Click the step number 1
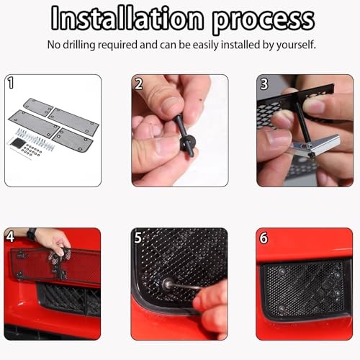(11, 83)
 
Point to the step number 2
(139, 84)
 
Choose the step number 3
(264, 84)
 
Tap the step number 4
(10, 237)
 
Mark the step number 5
(138, 238)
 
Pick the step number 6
(264, 238)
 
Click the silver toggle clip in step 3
(315, 147)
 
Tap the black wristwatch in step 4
(32, 234)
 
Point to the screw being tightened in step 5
(166, 284)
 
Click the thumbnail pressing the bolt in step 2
(171, 107)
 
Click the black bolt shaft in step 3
(303, 122)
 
